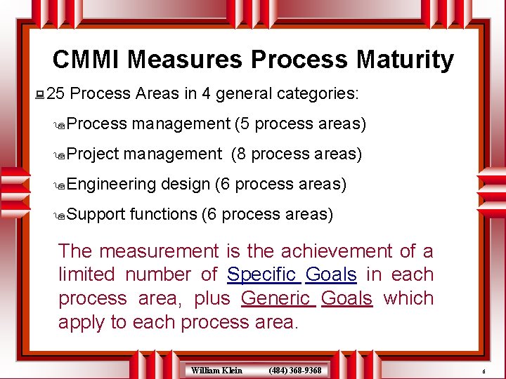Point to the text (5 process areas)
click(x=301, y=124)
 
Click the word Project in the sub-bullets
click(x=95, y=154)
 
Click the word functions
click(x=164, y=214)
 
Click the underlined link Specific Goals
click(x=292, y=274)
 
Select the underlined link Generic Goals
click(x=306, y=298)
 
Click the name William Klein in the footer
click(x=216, y=370)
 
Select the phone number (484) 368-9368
click(x=295, y=370)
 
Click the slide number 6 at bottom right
click(x=484, y=371)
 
